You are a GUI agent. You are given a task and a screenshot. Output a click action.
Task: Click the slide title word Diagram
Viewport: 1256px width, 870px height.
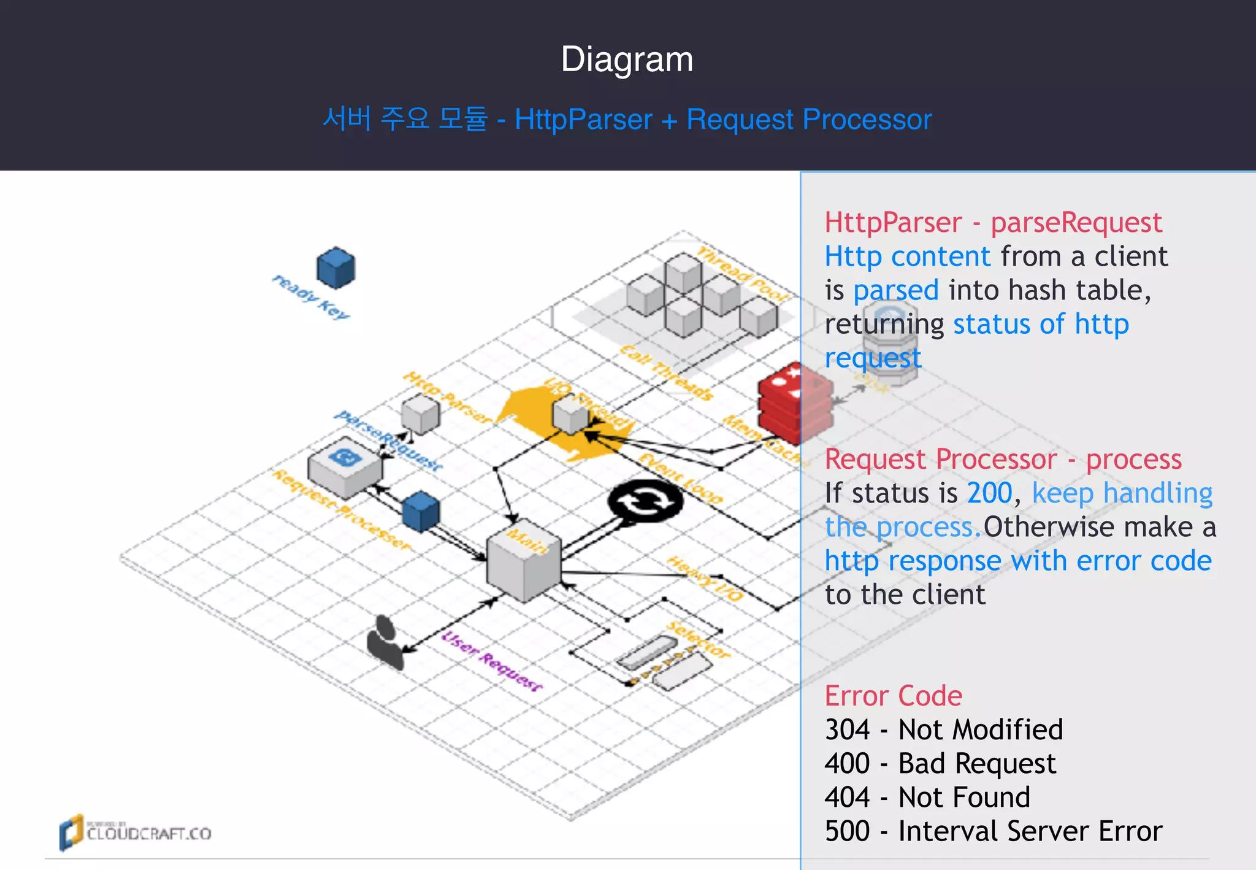click(x=627, y=60)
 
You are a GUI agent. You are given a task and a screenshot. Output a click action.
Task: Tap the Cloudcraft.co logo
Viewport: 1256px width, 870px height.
click(x=135, y=832)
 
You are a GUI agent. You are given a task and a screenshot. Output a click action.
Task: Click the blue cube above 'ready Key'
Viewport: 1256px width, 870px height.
click(x=335, y=268)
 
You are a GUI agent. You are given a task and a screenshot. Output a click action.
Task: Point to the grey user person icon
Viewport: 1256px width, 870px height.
click(x=385, y=642)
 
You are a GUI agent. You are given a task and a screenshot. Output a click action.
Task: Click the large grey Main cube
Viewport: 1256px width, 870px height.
click(x=524, y=566)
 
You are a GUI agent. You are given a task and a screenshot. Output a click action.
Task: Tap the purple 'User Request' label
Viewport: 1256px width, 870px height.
click(x=492, y=661)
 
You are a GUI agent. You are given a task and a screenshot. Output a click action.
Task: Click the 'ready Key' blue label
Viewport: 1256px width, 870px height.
click(x=311, y=297)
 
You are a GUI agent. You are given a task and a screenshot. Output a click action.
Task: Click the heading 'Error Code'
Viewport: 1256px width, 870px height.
click(x=893, y=696)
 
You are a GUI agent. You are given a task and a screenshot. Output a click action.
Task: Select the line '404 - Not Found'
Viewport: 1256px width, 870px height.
click(x=927, y=797)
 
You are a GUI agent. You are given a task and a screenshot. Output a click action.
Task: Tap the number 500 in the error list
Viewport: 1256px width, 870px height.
click(x=847, y=831)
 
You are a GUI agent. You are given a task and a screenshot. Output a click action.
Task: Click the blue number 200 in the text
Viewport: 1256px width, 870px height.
click(x=989, y=493)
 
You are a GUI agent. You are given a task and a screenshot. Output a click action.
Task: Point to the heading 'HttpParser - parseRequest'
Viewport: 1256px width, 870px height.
click(x=992, y=222)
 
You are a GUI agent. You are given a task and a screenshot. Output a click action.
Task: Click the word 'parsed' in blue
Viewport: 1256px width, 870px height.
click(x=895, y=290)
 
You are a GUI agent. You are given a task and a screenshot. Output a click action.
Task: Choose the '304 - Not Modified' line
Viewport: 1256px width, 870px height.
click(x=943, y=729)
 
